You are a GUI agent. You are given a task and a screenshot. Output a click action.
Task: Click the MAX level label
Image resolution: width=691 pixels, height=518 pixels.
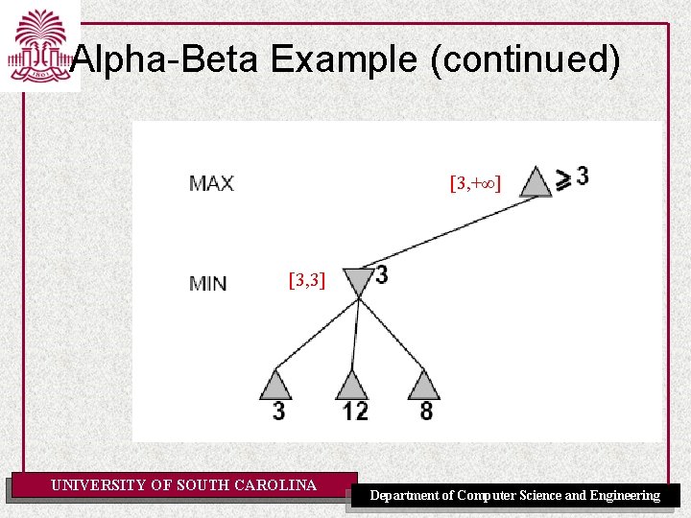(x=211, y=182)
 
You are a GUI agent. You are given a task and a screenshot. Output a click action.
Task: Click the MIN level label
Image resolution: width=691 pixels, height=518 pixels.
(x=208, y=283)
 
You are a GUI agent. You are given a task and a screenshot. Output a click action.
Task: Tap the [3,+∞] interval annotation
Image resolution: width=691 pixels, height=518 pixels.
(x=475, y=181)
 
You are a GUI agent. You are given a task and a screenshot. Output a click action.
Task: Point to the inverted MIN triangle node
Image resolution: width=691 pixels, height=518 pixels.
(x=357, y=282)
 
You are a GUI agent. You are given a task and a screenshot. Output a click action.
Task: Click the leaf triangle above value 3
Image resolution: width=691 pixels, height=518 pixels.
(x=275, y=386)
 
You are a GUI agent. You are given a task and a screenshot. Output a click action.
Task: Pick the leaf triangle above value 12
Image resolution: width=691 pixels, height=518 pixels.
(x=351, y=386)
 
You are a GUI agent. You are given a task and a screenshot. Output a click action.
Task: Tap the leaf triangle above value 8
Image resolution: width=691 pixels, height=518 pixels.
(x=423, y=386)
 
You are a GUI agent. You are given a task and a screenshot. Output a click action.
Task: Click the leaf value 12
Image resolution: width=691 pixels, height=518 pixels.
(x=354, y=412)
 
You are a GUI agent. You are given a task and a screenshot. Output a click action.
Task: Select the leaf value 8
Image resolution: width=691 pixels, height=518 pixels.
(x=426, y=412)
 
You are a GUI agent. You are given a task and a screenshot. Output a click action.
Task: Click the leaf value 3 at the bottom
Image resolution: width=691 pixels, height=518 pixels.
(x=278, y=412)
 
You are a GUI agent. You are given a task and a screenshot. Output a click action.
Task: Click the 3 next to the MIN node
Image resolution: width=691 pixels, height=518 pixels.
(x=382, y=275)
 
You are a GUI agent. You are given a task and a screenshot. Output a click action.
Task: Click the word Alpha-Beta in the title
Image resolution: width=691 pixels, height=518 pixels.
(x=165, y=60)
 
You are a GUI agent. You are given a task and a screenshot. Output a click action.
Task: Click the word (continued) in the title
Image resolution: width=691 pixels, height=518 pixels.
(x=526, y=60)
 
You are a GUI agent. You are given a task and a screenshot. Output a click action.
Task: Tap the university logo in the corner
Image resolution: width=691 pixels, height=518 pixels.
(x=39, y=46)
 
